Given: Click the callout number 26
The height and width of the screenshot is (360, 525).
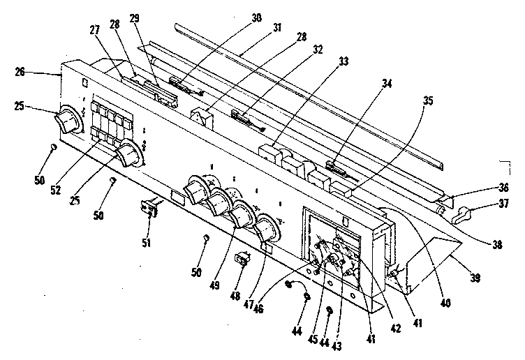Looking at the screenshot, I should point(20,71).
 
